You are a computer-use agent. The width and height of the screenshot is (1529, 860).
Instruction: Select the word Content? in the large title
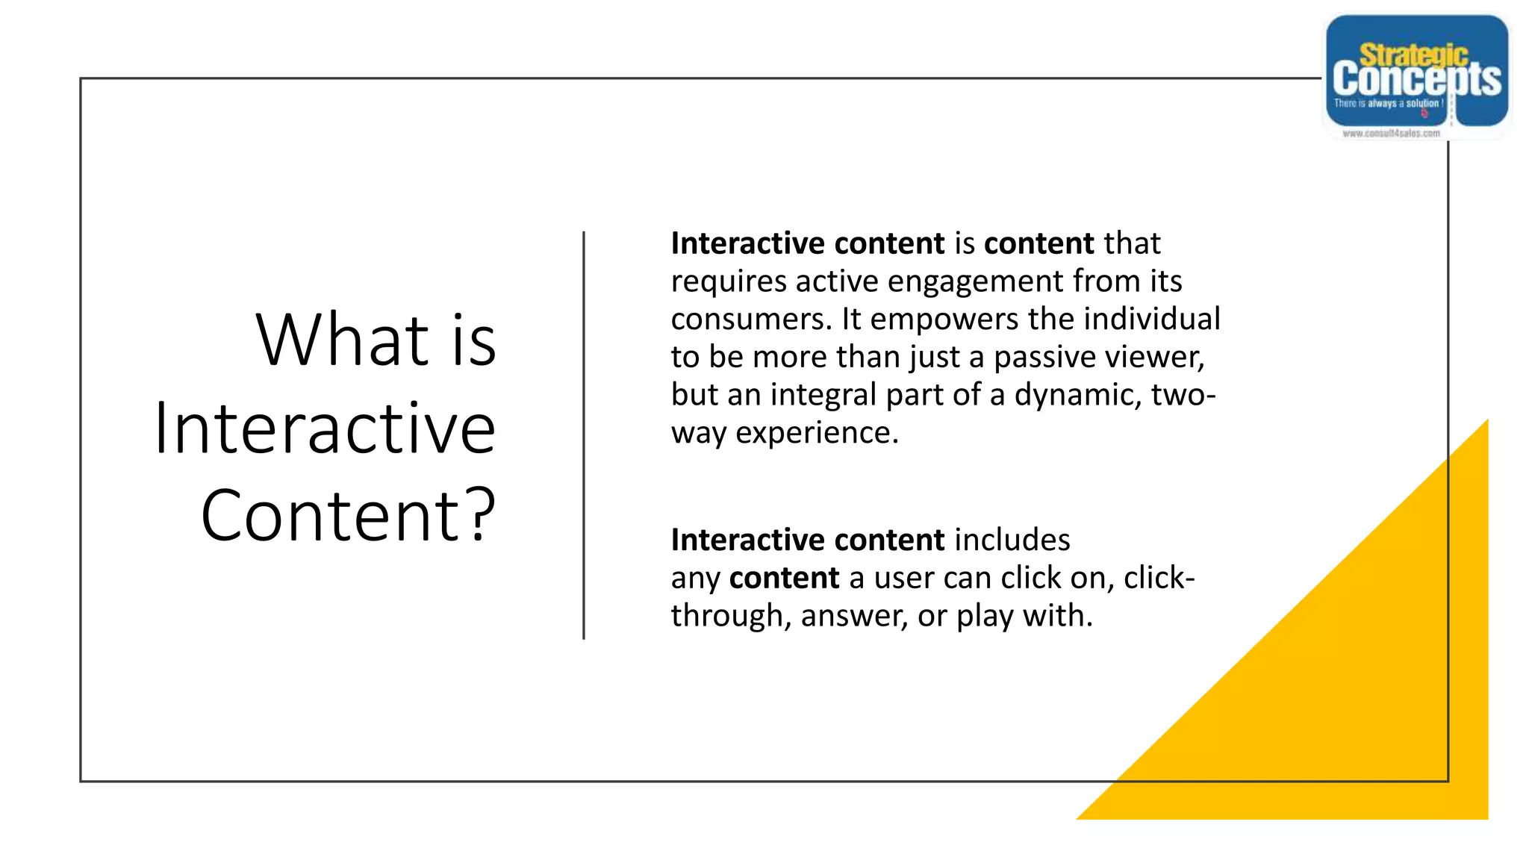pos(348,515)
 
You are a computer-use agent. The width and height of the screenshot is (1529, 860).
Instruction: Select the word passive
pos(1044,357)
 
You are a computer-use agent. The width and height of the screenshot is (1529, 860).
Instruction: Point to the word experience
pos(817,433)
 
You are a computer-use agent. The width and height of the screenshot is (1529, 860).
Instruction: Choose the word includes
pos(1012,540)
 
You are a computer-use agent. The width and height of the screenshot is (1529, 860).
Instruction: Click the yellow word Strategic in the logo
pos(1413,54)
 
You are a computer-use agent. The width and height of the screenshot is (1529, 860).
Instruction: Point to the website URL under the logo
pos(1391,134)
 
